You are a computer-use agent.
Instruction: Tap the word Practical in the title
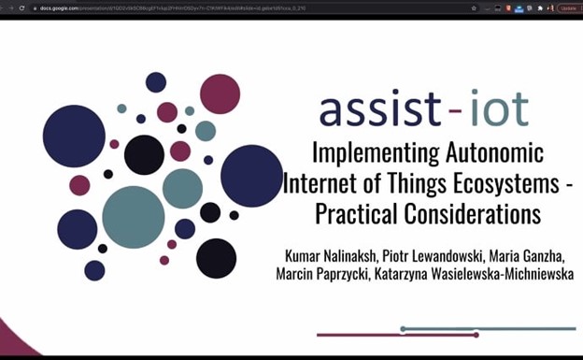[359, 214]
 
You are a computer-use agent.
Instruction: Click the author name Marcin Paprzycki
[325, 275]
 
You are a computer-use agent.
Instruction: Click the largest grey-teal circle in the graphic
[134, 217]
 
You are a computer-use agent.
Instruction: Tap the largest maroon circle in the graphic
[220, 94]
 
